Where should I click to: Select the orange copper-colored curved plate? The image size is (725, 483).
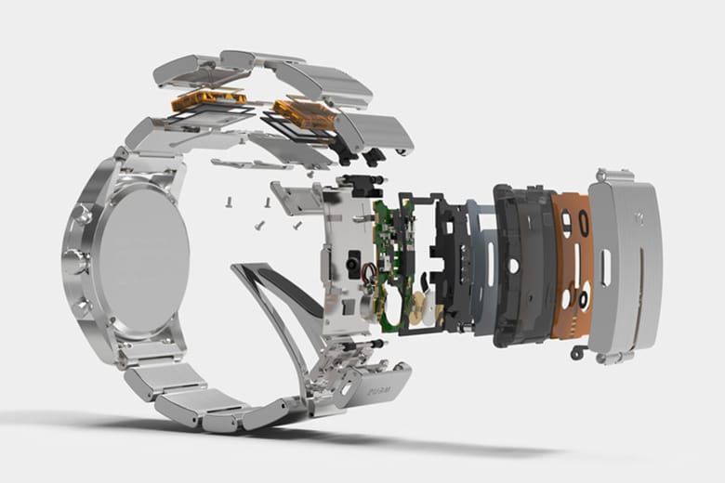coord(570,265)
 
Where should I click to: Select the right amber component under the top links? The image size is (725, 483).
coord(308,113)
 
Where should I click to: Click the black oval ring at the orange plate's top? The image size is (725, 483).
coord(582,224)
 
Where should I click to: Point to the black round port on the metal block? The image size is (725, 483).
coord(352,266)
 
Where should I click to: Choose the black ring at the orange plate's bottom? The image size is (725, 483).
coord(583,301)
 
